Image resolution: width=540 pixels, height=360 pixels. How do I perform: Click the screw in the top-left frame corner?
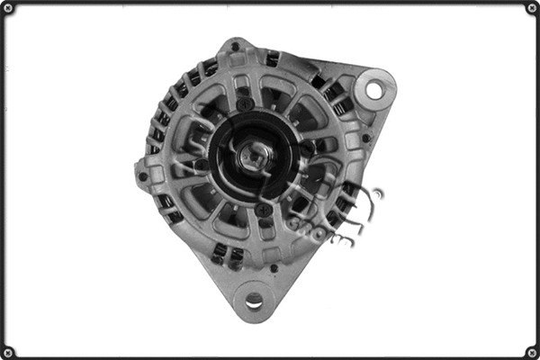[x=9, y=9]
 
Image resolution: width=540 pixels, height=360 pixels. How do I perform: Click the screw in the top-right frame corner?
[x=531, y=9]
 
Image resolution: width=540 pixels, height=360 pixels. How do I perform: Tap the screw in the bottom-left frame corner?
[x=9, y=351]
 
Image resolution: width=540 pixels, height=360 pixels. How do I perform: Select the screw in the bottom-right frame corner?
[x=531, y=351]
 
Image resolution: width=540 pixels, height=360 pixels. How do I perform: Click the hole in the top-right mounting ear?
[x=373, y=89]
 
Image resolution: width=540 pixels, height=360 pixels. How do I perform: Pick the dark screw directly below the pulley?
[x=263, y=210]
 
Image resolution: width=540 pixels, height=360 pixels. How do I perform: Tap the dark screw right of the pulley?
[x=308, y=147]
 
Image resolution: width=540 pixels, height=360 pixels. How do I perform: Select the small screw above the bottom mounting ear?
[x=274, y=267]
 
